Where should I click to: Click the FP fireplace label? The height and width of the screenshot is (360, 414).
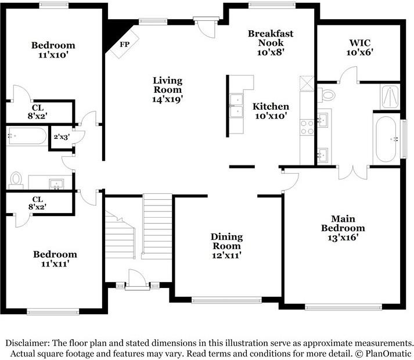(x=124, y=44)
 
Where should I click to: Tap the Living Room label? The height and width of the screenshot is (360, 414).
(x=168, y=89)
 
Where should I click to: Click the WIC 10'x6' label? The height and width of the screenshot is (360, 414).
(x=361, y=47)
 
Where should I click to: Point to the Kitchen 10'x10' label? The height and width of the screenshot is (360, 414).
(x=271, y=111)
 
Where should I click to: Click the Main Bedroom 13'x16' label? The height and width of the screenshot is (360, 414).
(x=343, y=228)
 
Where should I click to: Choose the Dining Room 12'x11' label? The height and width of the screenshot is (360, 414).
(x=226, y=246)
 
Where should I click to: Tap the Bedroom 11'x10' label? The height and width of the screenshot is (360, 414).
(x=53, y=51)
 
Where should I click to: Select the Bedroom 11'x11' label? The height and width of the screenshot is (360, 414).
(x=55, y=260)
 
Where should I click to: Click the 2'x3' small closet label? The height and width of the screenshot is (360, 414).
(x=62, y=138)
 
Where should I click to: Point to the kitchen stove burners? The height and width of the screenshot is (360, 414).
(x=307, y=127)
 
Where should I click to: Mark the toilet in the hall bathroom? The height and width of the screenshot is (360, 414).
(x=16, y=179)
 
